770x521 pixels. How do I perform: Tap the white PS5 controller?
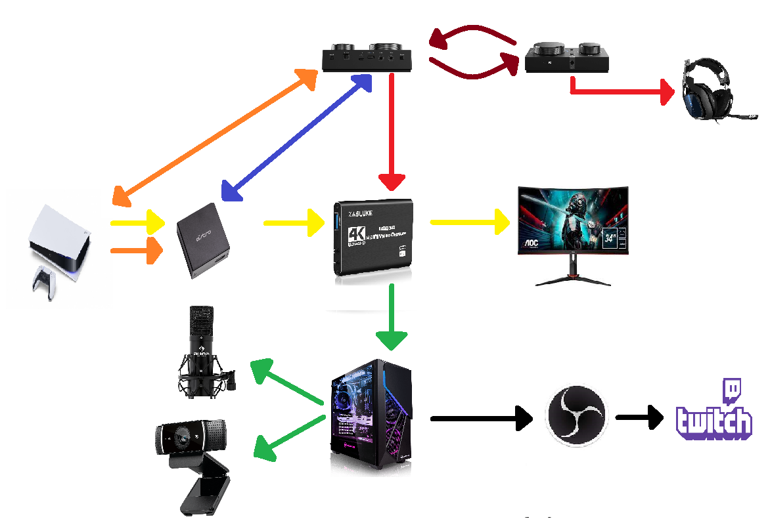point(45,281)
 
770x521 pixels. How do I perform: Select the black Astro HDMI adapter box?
point(204,241)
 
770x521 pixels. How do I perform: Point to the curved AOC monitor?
point(572,227)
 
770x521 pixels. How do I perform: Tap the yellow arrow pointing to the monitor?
point(470,222)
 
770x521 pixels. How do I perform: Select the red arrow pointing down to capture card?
point(392,131)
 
